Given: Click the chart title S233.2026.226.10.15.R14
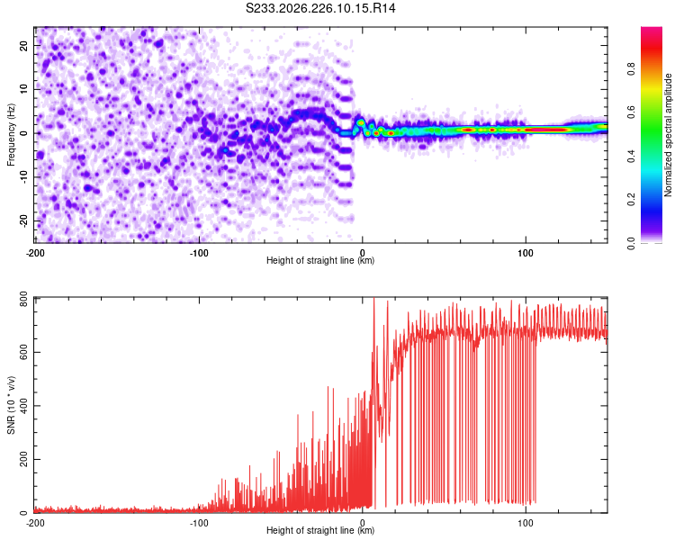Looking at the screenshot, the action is click(320, 8).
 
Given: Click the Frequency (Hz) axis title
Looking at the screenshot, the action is click(11, 135).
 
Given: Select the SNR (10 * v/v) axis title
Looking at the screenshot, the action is click(11, 405).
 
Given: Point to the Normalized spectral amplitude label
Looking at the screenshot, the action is click(668, 135).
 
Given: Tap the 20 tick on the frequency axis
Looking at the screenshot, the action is click(23, 45).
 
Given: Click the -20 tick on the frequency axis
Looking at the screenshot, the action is click(23, 220).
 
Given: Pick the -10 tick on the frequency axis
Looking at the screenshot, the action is click(23, 176).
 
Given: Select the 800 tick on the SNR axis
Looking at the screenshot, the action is click(23, 299).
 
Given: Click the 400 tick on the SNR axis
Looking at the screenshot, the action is click(23, 406).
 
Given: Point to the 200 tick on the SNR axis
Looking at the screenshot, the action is click(23, 460).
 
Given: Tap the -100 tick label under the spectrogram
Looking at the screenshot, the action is click(199, 253).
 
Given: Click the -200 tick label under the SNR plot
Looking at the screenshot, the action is click(35, 523).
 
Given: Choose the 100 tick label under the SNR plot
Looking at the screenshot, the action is click(526, 523).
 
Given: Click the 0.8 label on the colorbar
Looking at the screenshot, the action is click(631, 69).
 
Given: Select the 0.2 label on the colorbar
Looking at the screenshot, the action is click(631, 200).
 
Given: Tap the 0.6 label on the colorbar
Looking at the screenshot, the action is click(631, 112).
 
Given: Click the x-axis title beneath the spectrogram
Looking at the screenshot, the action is click(320, 260).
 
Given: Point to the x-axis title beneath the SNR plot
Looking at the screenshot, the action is click(320, 530).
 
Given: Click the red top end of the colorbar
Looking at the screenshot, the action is click(652, 30).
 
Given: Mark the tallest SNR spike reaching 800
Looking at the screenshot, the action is click(373, 298).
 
